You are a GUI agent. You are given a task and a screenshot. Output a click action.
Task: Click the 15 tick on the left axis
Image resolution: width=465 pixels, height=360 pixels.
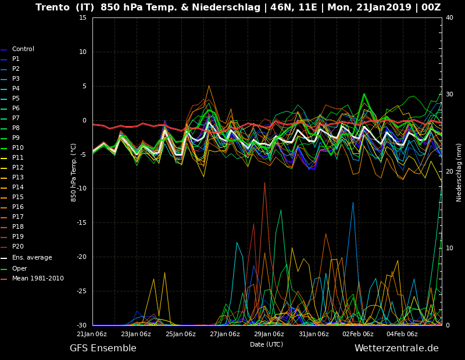coord(83,17)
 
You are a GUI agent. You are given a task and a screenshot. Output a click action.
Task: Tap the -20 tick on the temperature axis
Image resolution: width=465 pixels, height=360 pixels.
coord(81,257)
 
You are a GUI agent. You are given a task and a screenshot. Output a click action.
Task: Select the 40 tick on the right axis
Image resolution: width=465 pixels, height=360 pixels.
coord(449,17)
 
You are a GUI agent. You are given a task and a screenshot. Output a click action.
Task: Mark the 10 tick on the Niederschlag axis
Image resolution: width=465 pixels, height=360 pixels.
coord(449,248)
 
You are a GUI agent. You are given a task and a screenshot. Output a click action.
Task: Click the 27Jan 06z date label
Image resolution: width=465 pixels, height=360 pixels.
coord(225,334)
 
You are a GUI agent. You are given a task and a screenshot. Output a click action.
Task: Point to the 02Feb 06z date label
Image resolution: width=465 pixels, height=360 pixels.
coord(358,334)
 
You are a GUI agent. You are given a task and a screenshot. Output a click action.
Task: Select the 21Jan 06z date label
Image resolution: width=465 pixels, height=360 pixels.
coord(92,334)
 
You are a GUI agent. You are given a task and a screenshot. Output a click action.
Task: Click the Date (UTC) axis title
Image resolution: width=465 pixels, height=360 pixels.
coord(267,344)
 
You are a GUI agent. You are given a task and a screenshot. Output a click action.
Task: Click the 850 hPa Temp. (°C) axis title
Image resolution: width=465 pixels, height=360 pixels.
coord(73,172)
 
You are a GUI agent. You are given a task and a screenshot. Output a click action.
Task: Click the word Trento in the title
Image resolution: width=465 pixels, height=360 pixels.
coord(52,7)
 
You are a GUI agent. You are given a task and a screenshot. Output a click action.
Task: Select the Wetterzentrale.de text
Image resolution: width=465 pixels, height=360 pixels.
coord(396,348)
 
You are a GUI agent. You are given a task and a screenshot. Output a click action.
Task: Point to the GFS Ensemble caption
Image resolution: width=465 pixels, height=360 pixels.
coord(103,348)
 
